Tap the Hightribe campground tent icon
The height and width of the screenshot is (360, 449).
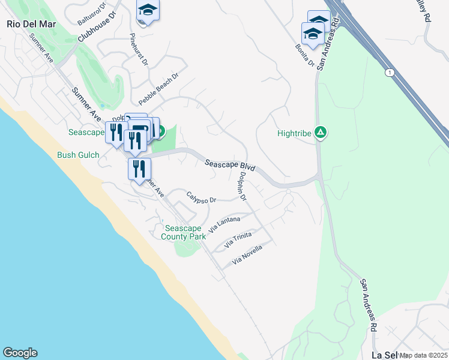pos(321,133)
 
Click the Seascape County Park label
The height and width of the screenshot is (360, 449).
pos(185,232)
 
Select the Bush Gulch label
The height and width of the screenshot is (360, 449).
pos(77,155)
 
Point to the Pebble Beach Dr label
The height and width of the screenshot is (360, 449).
pos(159,89)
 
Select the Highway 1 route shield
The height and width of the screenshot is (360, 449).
pos(390,73)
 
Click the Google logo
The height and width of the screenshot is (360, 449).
pos(20,353)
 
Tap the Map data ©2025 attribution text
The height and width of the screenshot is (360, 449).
pos(423,355)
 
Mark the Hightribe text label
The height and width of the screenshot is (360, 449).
pos(294,133)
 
